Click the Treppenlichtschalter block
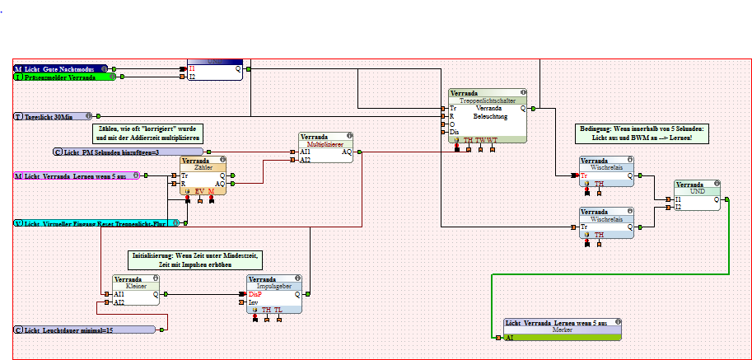(488, 115)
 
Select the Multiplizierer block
(325, 147)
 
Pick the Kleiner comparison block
(136, 290)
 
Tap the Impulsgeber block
(273, 294)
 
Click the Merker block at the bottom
(562, 330)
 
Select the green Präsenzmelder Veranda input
(64, 77)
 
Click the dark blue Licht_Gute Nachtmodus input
(60, 68)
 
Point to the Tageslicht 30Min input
(54, 117)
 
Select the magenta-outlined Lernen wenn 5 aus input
(74, 175)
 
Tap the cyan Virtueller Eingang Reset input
(96, 223)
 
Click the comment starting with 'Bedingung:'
(642, 133)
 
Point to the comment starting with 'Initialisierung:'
(194, 261)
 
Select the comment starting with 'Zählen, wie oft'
(147, 133)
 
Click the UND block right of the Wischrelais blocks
(697, 194)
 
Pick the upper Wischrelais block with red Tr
(606, 171)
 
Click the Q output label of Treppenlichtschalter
(522, 109)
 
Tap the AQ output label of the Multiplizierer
(347, 152)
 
